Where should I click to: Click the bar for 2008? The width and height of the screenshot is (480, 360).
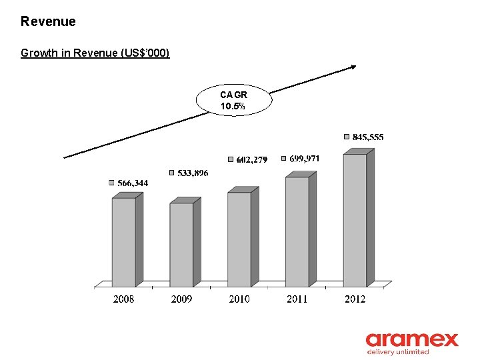[x=123, y=242]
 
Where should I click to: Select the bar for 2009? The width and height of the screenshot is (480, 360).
[x=181, y=245]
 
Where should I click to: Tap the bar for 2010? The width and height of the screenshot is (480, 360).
[x=239, y=239]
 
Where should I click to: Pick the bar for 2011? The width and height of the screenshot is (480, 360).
[x=297, y=231]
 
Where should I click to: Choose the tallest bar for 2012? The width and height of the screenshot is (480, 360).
[x=355, y=220]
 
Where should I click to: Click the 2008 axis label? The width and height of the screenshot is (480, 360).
[x=123, y=299]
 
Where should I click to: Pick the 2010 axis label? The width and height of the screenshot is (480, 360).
[x=239, y=299]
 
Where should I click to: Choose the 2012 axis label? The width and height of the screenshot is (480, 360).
[x=355, y=299]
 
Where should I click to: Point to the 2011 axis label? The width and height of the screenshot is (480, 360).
[x=297, y=299]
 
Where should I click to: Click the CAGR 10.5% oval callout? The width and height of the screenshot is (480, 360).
[x=234, y=101]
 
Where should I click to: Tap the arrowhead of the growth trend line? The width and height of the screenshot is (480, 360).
[x=354, y=65]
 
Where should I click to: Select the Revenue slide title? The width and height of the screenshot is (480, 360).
[x=48, y=21]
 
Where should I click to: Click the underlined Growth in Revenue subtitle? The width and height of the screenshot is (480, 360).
[x=95, y=53]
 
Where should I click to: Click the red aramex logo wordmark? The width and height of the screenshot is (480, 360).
[x=412, y=340]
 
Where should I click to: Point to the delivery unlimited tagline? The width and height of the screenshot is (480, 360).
[x=398, y=352]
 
